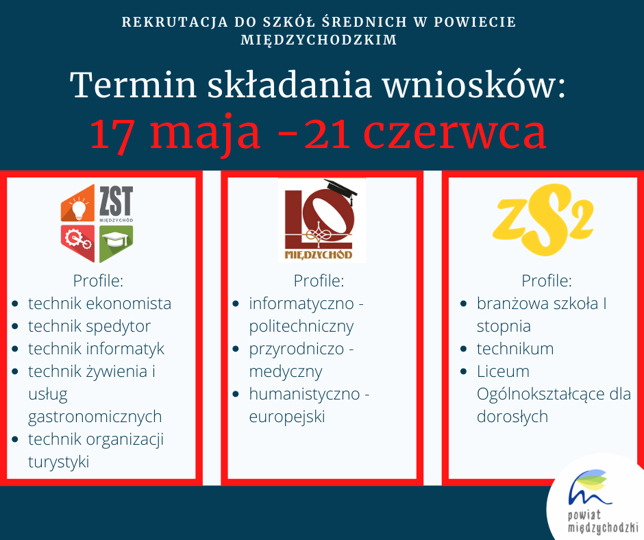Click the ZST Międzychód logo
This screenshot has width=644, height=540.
(97, 223)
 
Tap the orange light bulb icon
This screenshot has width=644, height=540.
(78, 204)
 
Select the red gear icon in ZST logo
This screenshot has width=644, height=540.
(78, 243)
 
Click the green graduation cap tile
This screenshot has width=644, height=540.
(116, 243)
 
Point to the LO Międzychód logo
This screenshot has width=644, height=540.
(321, 220)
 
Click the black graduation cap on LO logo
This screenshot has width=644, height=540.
(342, 192)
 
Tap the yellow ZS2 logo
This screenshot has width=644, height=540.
(543, 219)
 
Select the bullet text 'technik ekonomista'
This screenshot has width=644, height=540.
(99, 304)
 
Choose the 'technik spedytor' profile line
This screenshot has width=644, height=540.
(89, 326)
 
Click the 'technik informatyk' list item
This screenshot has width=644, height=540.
(96, 349)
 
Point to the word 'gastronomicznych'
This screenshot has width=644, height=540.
(95, 417)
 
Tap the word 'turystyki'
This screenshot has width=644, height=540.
(59, 462)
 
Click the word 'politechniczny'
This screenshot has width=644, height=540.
(301, 326)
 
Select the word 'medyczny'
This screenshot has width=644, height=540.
(286, 371)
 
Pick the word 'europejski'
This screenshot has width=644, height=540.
(287, 417)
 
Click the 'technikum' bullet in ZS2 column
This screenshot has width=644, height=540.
(515, 349)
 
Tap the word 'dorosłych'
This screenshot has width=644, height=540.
(512, 417)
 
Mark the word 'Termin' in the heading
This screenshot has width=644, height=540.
(133, 86)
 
